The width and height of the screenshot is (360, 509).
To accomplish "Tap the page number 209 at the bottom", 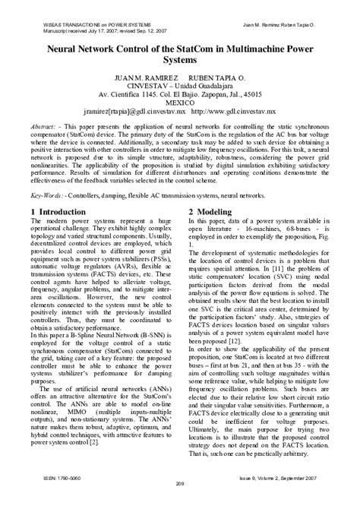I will tap(180, 502).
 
